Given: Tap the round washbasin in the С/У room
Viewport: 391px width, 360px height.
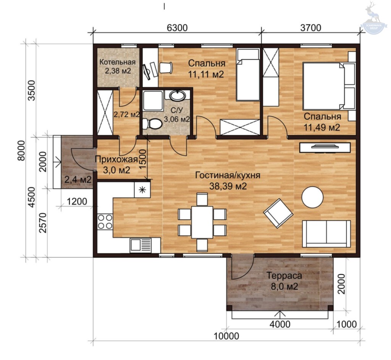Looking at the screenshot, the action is (x=178, y=95).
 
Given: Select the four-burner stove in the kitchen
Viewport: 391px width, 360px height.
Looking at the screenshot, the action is (x=105, y=222).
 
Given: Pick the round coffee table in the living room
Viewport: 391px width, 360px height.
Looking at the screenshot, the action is (x=312, y=197).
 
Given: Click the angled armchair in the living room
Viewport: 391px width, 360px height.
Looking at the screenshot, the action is (x=278, y=213).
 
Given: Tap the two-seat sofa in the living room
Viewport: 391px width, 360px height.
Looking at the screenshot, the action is (x=326, y=234).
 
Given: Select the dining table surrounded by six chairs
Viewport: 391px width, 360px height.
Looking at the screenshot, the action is (x=202, y=222).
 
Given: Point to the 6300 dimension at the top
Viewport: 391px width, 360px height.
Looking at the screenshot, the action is (x=177, y=27).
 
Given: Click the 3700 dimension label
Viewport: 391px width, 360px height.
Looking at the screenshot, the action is (x=311, y=27).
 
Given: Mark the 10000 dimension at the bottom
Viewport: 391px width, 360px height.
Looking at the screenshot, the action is (x=226, y=336).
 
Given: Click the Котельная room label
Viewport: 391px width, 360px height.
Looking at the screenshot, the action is (x=118, y=62).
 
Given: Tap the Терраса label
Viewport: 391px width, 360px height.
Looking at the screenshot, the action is (x=284, y=276).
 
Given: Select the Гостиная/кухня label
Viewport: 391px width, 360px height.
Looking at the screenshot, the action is (x=228, y=175).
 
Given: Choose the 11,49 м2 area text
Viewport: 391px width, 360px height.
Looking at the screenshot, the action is (x=322, y=128).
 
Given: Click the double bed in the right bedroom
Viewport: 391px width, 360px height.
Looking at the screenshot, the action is (x=329, y=86).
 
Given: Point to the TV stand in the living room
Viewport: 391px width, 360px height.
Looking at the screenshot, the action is (x=325, y=147).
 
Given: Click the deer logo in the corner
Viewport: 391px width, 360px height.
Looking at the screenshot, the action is (x=373, y=18).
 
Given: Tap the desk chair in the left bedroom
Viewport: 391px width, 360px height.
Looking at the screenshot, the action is (x=166, y=68).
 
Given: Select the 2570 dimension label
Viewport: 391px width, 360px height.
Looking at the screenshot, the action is (x=43, y=223).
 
